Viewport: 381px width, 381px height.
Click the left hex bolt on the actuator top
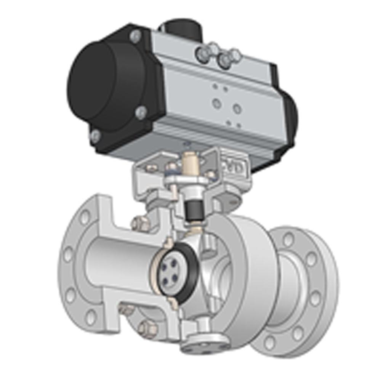[x=204, y=53]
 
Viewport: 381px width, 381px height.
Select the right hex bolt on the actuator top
[x=226, y=59]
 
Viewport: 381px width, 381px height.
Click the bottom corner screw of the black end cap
[x=96, y=136]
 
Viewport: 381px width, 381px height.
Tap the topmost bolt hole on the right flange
[x=289, y=239]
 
